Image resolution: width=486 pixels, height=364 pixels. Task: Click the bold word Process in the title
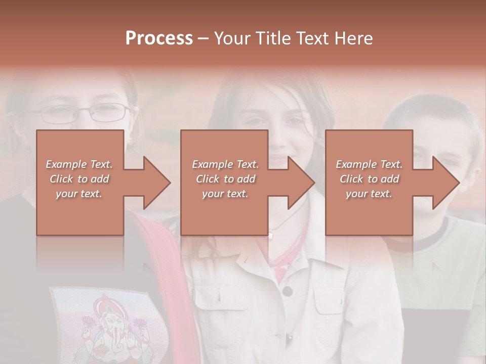(x=159, y=38)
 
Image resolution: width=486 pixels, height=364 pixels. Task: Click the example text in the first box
(x=79, y=179)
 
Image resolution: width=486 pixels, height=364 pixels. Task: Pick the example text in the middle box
(x=225, y=179)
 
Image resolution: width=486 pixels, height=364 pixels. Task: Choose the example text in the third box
(x=369, y=179)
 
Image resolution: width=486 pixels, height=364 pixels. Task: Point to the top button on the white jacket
(x=288, y=291)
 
